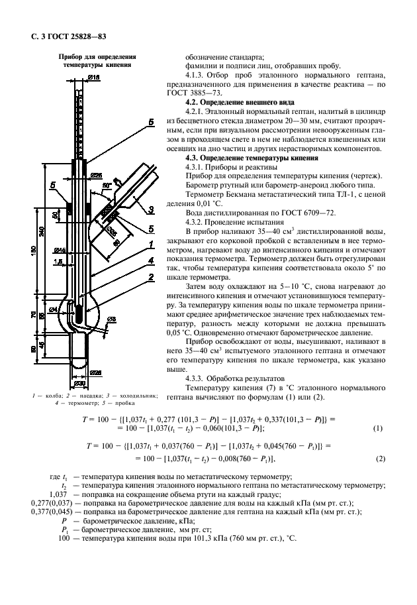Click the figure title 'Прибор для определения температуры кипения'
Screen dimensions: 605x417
point(93,62)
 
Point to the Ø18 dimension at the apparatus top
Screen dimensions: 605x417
point(93,78)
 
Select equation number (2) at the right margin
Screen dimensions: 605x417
point(379,459)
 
